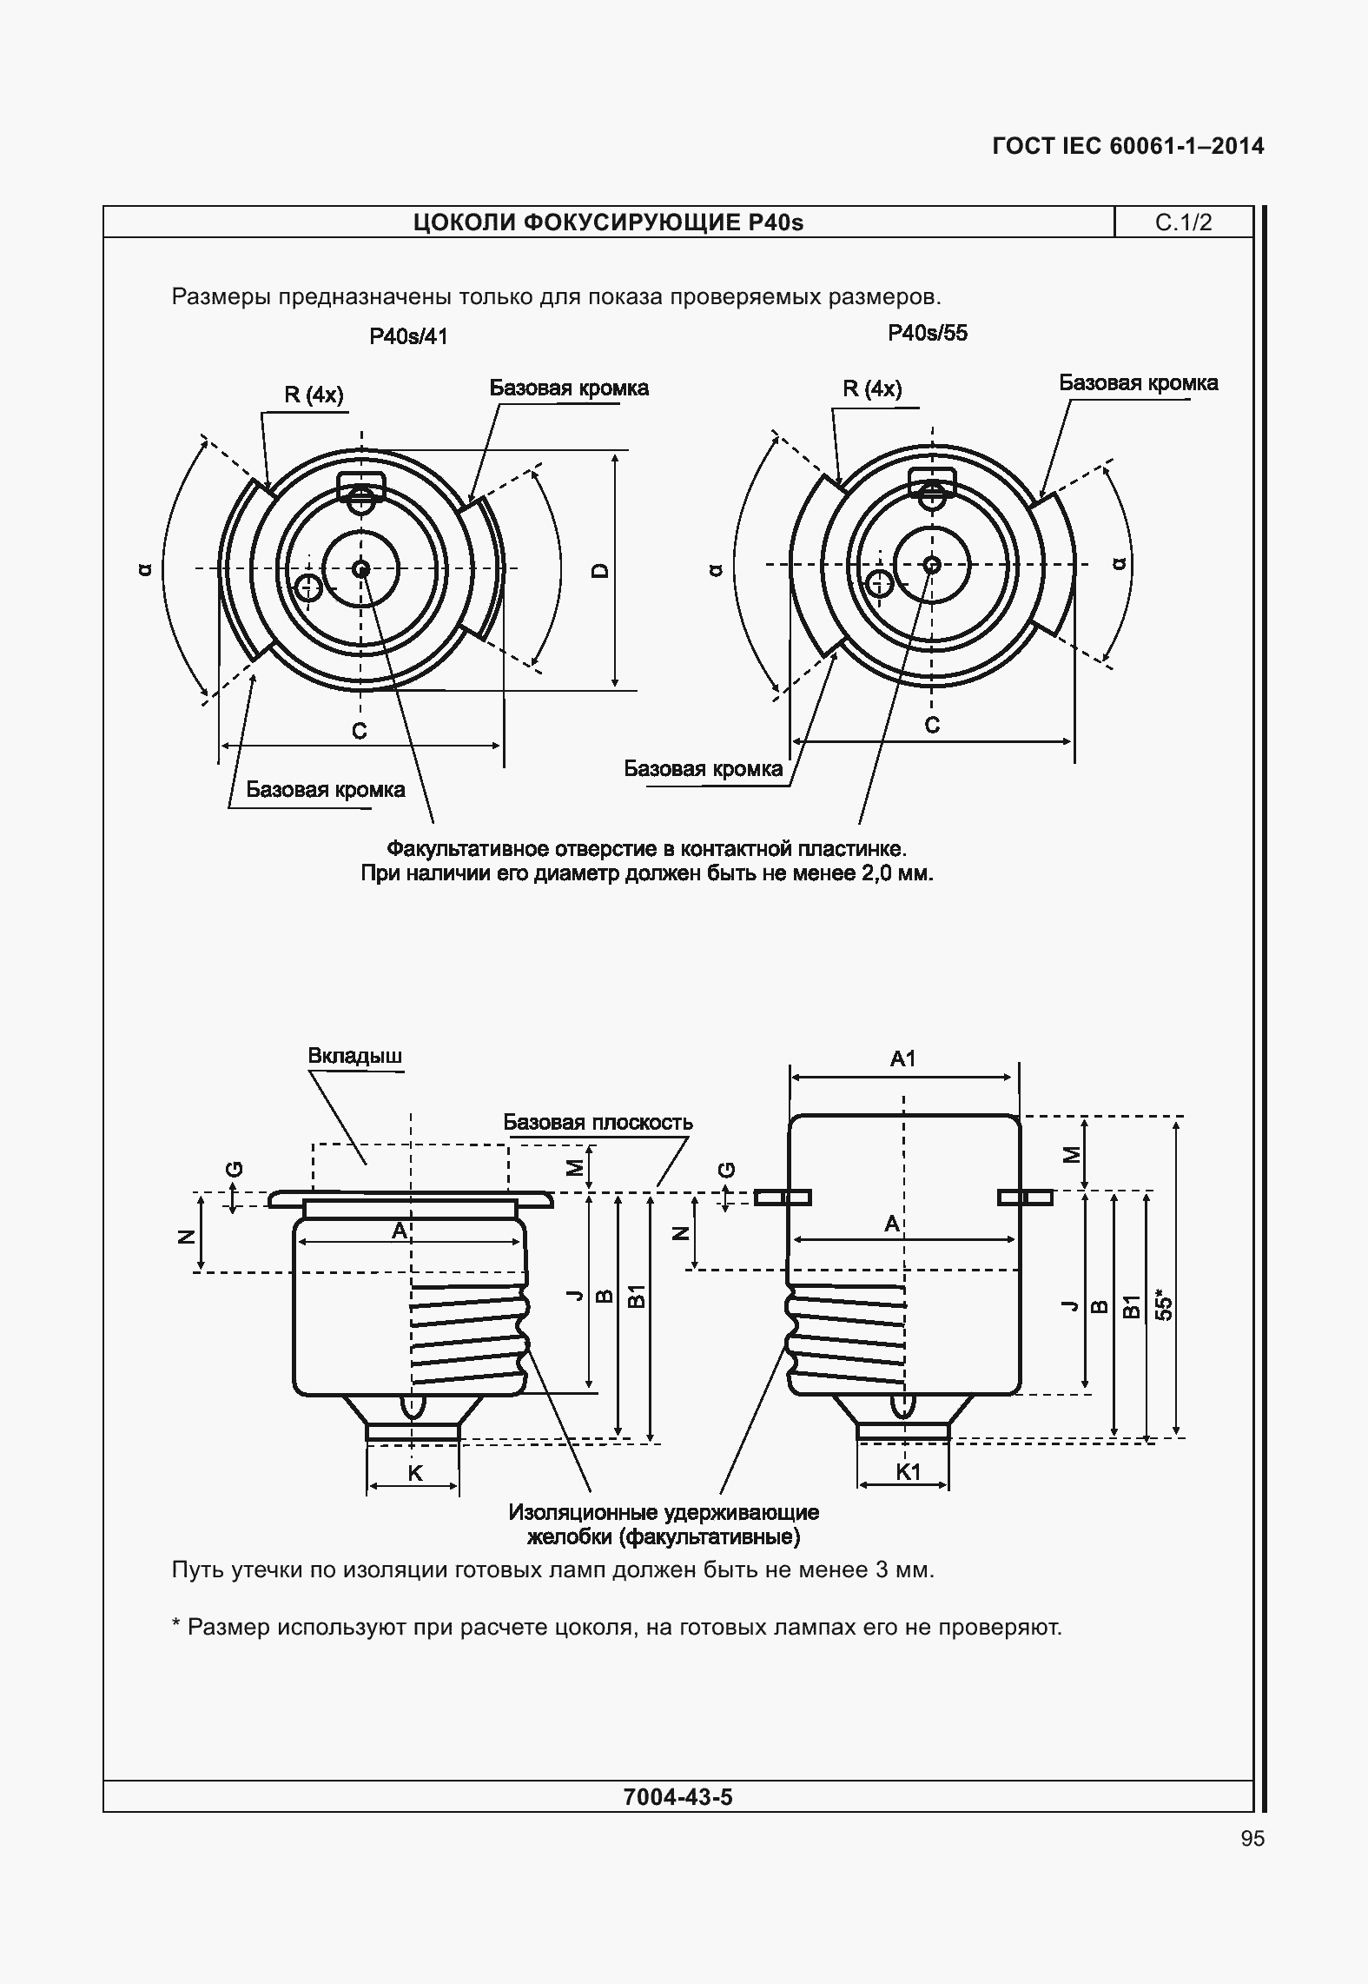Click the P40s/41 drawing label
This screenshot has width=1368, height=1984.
tap(408, 337)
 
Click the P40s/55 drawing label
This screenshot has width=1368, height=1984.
tap(927, 334)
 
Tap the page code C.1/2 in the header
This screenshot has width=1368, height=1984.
tap(1183, 223)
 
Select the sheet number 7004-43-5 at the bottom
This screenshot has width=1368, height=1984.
tap(677, 1797)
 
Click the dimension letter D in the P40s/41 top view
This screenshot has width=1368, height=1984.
tap(599, 571)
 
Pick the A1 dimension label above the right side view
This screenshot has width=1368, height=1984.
tap(903, 1058)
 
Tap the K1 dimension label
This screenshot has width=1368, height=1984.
tap(908, 1471)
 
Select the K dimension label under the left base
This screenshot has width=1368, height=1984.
tap(414, 1473)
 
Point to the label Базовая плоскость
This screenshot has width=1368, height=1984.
tap(598, 1123)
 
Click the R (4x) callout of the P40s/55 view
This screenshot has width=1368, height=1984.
tap(872, 389)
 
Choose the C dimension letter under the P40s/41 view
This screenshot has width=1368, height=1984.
tap(359, 732)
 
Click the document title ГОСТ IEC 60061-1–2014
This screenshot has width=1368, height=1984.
tap(1127, 146)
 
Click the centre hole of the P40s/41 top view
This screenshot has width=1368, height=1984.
tap(361, 569)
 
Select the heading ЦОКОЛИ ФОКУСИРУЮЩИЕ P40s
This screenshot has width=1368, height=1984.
tap(608, 223)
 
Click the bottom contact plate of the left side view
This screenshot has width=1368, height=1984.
tap(413, 1431)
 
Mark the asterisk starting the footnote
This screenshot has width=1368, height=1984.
tap(176, 1626)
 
